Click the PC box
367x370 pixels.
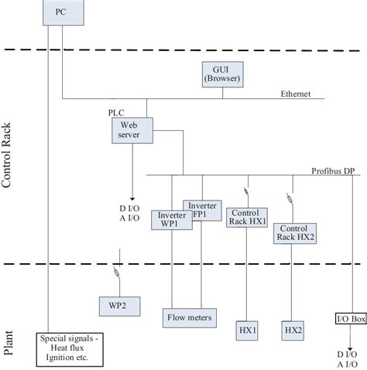61,14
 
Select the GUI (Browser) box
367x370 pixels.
224,74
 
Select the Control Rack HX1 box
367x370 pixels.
247,218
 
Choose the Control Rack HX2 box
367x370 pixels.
294,233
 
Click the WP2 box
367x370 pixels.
118,305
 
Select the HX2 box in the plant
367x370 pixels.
293,331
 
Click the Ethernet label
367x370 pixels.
296,94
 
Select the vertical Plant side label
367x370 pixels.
9,341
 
